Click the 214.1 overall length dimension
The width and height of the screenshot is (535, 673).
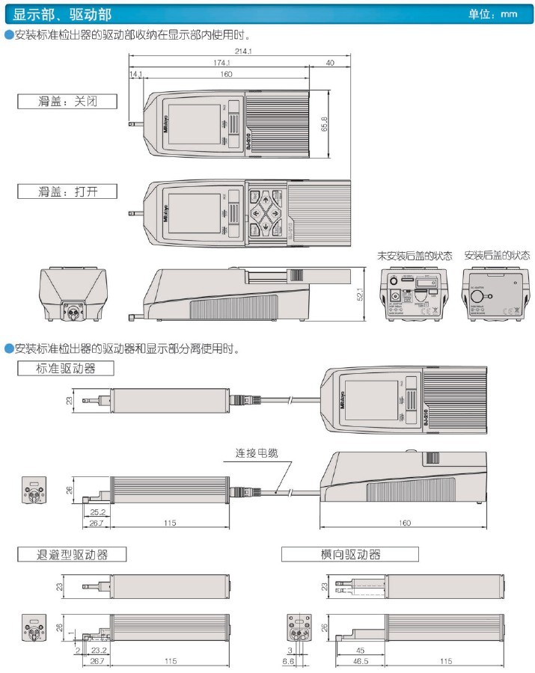(241, 52)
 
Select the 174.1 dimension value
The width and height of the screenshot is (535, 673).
(220, 64)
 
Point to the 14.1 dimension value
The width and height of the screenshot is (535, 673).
(135, 75)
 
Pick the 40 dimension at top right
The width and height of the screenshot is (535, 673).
(330, 64)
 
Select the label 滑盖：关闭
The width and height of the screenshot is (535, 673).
(67, 101)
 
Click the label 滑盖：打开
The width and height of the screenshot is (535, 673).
(67, 191)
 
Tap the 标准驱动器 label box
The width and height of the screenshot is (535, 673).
(66, 368)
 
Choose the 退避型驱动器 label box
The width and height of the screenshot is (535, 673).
(72, 554)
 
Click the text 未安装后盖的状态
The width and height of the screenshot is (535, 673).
(415, 255)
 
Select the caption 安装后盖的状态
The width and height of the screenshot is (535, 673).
(496, 255)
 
